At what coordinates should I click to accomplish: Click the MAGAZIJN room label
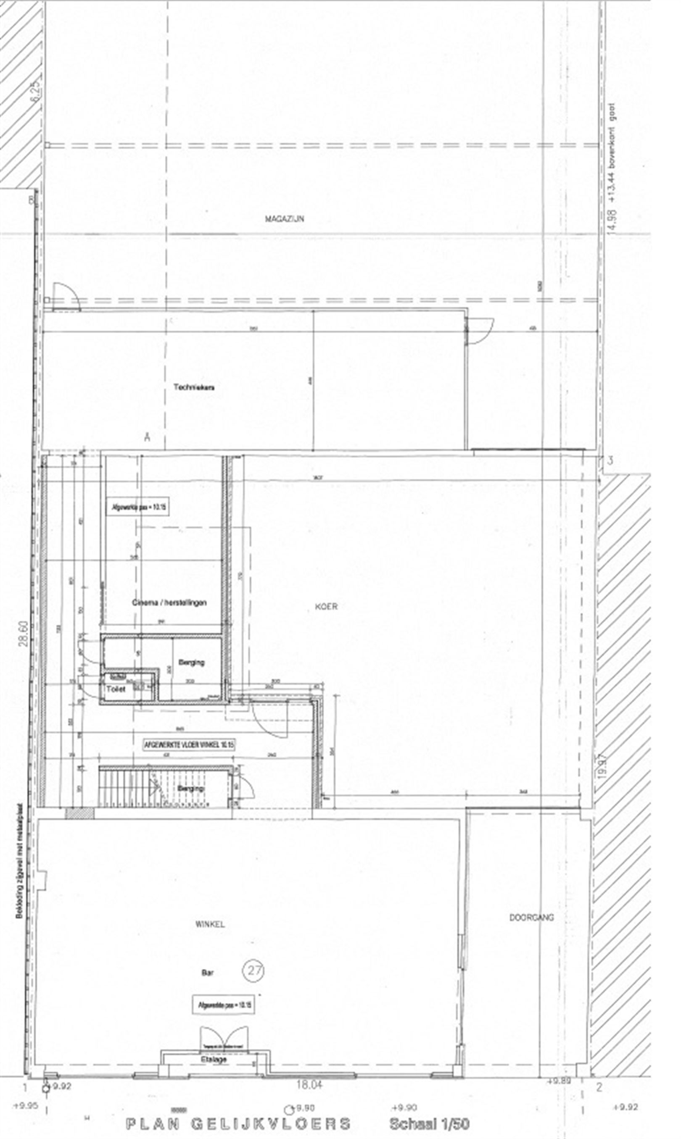pos(284,219)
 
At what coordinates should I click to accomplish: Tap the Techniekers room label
pos(194,387)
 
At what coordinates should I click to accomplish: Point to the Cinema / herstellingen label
pos(169,602)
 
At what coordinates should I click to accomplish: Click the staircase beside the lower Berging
pos(131,788)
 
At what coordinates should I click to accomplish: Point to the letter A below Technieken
pos(147,437)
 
